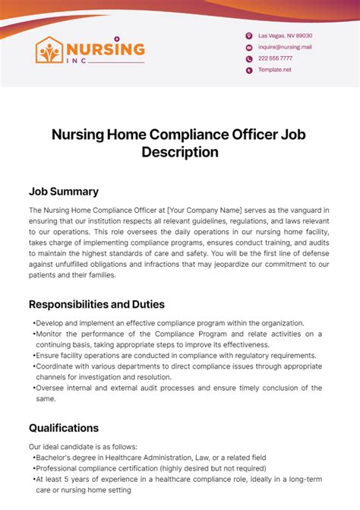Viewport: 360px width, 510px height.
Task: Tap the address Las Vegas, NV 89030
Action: click(285, 36)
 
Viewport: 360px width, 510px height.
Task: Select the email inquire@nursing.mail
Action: click(285, 47)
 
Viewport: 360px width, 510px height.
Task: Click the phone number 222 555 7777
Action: click(275, 59)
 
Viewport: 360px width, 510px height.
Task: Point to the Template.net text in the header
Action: click(274, 70)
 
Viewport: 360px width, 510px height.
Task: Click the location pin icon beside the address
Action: click(248, 36)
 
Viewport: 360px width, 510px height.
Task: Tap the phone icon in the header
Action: click(248, 59)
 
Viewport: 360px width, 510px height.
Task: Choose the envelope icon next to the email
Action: click(248, 47)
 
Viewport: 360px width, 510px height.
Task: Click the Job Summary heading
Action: click(64, 192)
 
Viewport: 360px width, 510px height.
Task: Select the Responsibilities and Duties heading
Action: click(96, 304)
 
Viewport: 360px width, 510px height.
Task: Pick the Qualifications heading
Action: click(64, 428)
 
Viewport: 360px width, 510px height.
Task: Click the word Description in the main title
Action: click(180, 152)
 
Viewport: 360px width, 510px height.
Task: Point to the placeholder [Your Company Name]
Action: click(204, 209)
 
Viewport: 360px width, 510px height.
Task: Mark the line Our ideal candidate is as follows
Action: click(83, 447)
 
